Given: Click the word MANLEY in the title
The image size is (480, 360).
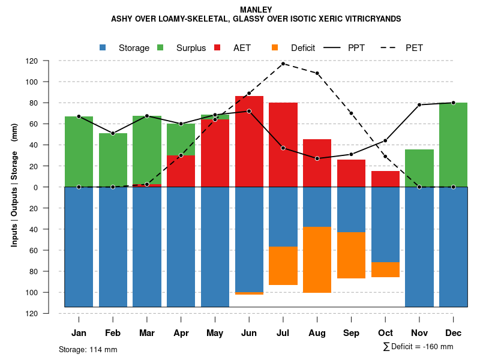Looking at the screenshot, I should tap(256, 10).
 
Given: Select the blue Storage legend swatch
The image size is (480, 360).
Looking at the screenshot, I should tap(103, 48).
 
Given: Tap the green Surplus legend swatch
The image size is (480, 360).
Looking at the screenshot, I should tap(161, 48).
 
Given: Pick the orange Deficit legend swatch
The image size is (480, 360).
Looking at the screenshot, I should tap(275, 48).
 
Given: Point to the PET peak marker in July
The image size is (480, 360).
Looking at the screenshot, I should tap(283, 64).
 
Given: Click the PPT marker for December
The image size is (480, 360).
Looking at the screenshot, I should tap(453, 103).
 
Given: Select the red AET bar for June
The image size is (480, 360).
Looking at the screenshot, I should tap(249, 141).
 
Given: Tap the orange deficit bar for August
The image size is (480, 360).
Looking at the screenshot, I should tap(317, 260).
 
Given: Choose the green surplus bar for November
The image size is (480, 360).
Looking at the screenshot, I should tap(419, 168).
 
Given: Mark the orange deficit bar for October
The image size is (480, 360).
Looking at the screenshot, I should tap(385, 269).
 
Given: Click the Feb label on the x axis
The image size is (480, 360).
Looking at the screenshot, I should tap(113, 333).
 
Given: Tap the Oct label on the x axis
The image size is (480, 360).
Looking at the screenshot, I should tap(385, 333).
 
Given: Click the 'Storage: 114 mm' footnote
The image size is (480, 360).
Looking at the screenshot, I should tap(88, 349).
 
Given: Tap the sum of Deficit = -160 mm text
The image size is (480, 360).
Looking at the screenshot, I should tap(418, 347).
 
